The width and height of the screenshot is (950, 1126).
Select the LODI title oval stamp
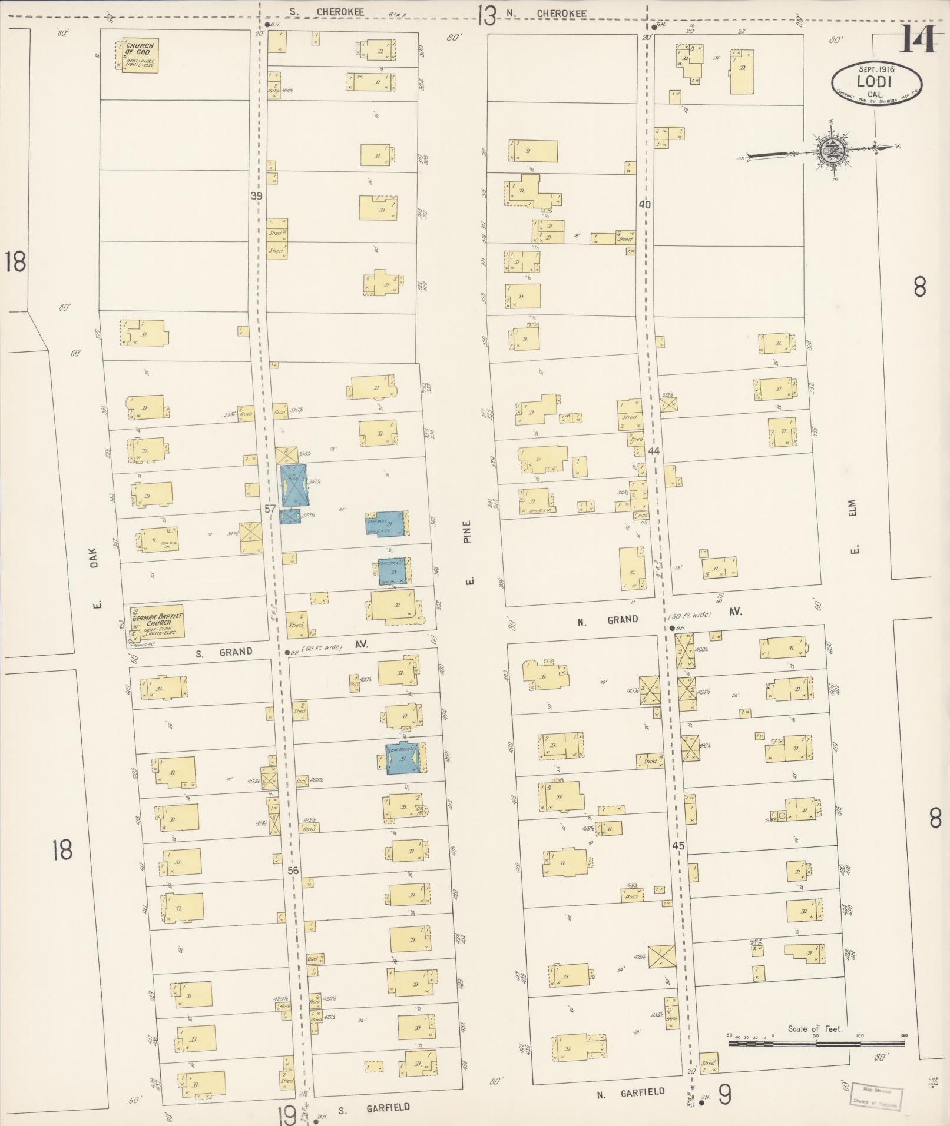(x=876, y=82)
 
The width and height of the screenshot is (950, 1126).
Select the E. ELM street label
(x=853, y=527)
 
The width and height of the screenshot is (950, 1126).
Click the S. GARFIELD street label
(x=373, y=1108)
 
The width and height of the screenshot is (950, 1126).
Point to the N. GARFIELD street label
(x=630, y=1093)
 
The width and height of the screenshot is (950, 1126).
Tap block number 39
(x=255, y=195)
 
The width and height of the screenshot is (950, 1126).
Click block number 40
(x=644, y=204)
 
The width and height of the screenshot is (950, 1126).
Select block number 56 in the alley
(x=293, y=871)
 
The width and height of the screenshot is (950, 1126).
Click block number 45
(x=678, y=845)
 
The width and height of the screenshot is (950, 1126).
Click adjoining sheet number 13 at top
(x=486, y=15)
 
